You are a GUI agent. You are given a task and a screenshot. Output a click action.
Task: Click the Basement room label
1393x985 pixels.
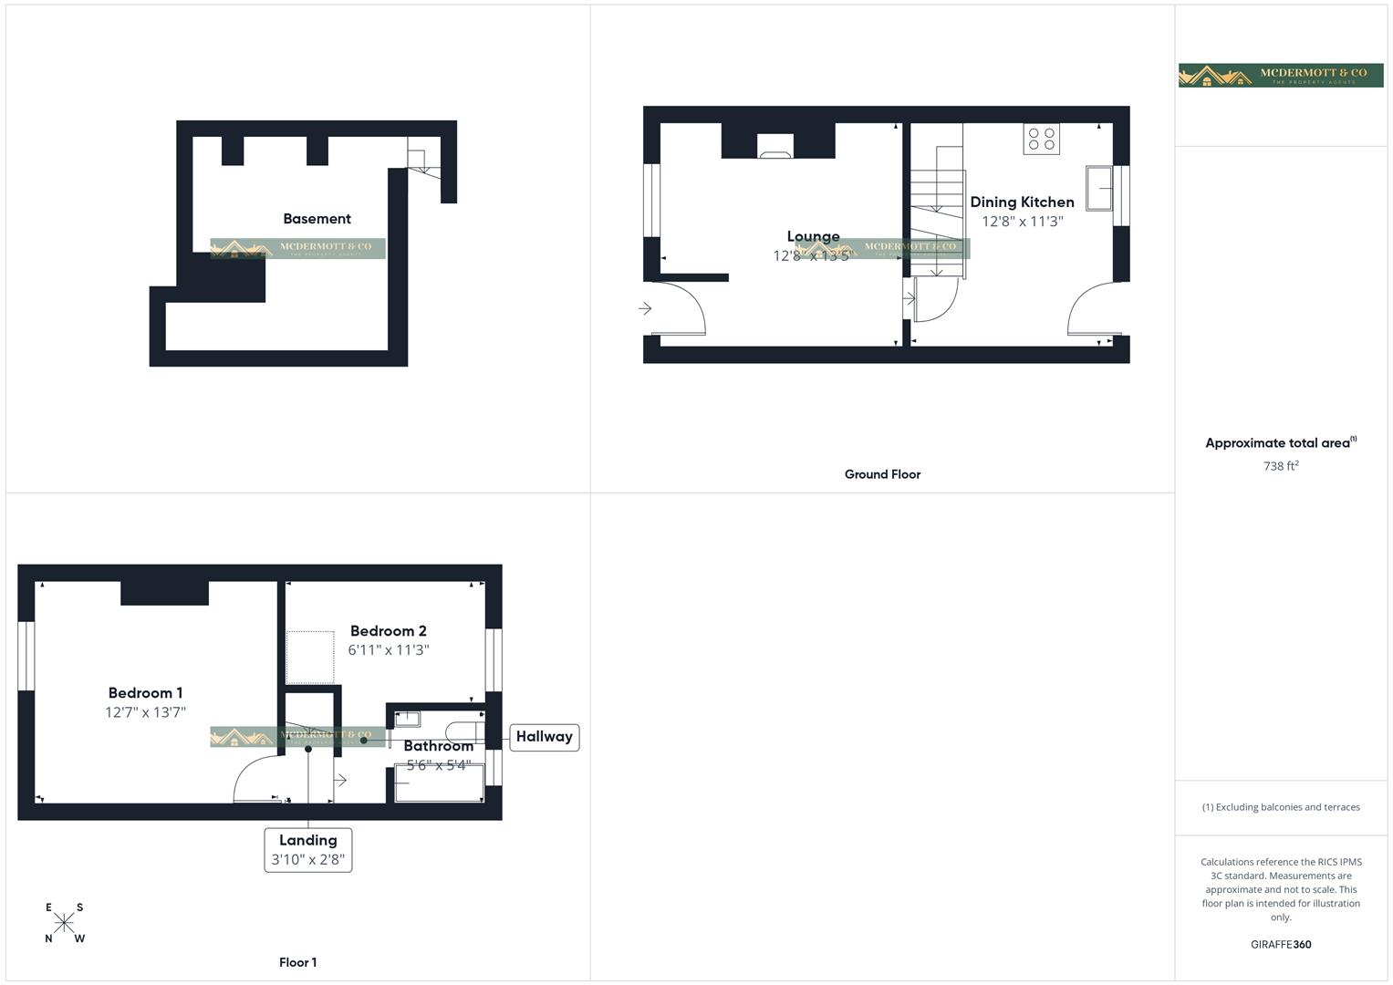(x=317, y=219)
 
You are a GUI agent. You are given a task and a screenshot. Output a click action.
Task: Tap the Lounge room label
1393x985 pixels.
(x=813, y=237)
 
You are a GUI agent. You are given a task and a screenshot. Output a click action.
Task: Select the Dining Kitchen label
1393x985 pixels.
(x=1022, y=202)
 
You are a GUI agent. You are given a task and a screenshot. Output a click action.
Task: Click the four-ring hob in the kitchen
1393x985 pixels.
(x=1041, y=139)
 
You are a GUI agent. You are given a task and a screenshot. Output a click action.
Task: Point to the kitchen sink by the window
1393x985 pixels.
(x=1098, y=188)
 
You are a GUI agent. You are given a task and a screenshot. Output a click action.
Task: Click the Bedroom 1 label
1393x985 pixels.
(x=145, y=693)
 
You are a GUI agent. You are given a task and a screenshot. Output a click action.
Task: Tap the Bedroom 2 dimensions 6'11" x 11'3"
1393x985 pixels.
(x=389, y=650)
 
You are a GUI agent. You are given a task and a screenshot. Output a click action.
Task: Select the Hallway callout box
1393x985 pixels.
(x=544, y=737)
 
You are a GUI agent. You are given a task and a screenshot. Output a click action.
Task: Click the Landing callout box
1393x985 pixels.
(x=308, y=849)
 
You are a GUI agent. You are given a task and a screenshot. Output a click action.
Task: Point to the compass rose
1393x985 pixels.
(x=64, y=923)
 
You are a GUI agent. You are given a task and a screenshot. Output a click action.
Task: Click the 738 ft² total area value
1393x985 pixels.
(x=1281, y=466)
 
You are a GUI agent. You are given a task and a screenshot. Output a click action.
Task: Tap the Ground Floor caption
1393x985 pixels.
(x=882, y=474)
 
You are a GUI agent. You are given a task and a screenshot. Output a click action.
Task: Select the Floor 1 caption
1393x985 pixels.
(x=298, y=962)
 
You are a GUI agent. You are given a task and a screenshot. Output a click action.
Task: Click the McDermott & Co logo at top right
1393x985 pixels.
(x=1280, y=75)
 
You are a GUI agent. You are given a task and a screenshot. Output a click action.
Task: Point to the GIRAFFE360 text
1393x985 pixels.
(x=1281, y=945)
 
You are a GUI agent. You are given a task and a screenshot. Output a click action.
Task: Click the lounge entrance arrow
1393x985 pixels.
(x=645, y=309)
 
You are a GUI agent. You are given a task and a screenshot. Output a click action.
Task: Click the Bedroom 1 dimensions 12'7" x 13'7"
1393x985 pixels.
(x=145, y=712)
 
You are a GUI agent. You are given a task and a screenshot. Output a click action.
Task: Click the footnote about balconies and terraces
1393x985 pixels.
(x=1281, y=807)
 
